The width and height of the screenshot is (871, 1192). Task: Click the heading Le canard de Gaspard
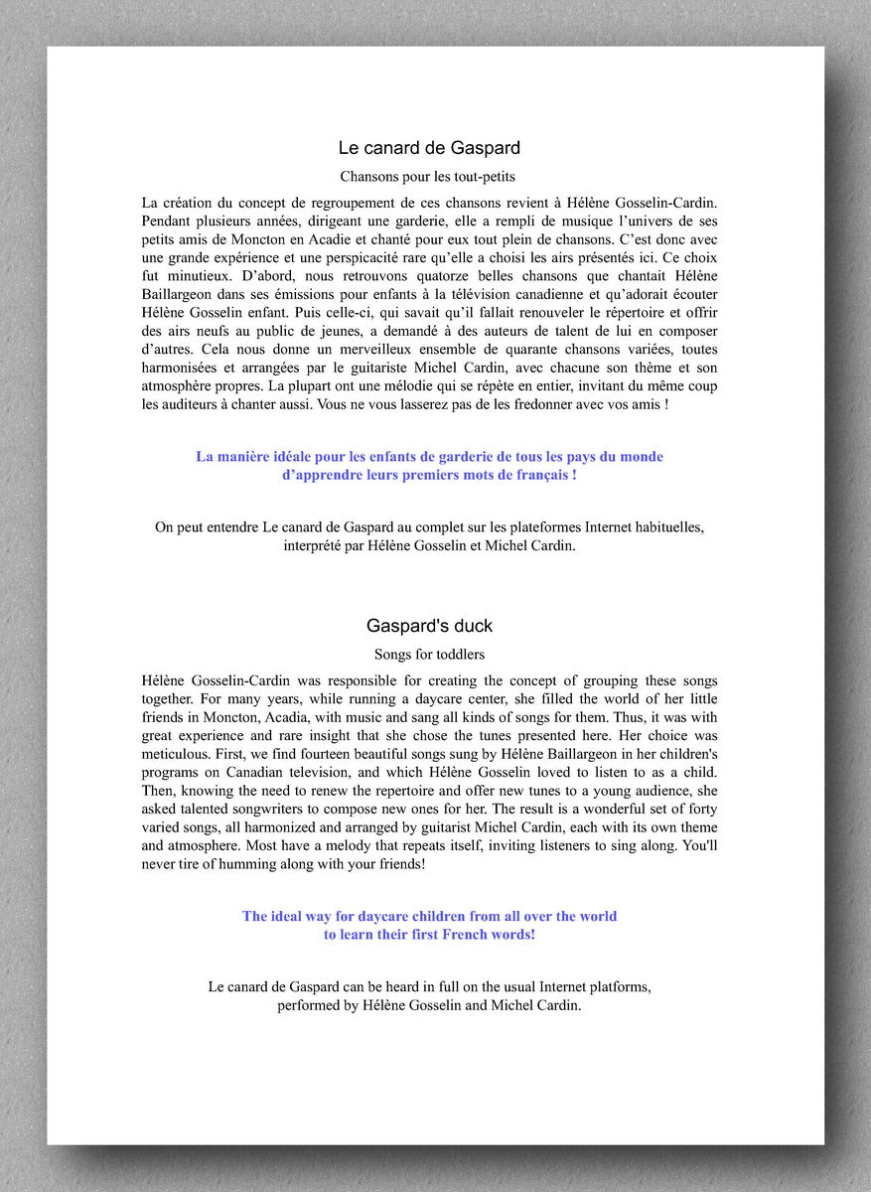[x=429, y=148]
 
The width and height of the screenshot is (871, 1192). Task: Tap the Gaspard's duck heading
[x=429, y=626]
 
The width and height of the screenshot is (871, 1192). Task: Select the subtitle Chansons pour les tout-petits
[x=429, y=177]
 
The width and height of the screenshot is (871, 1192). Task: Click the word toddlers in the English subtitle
[x=456, y=654]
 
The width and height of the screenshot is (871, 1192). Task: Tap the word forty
[x=700, y=809]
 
